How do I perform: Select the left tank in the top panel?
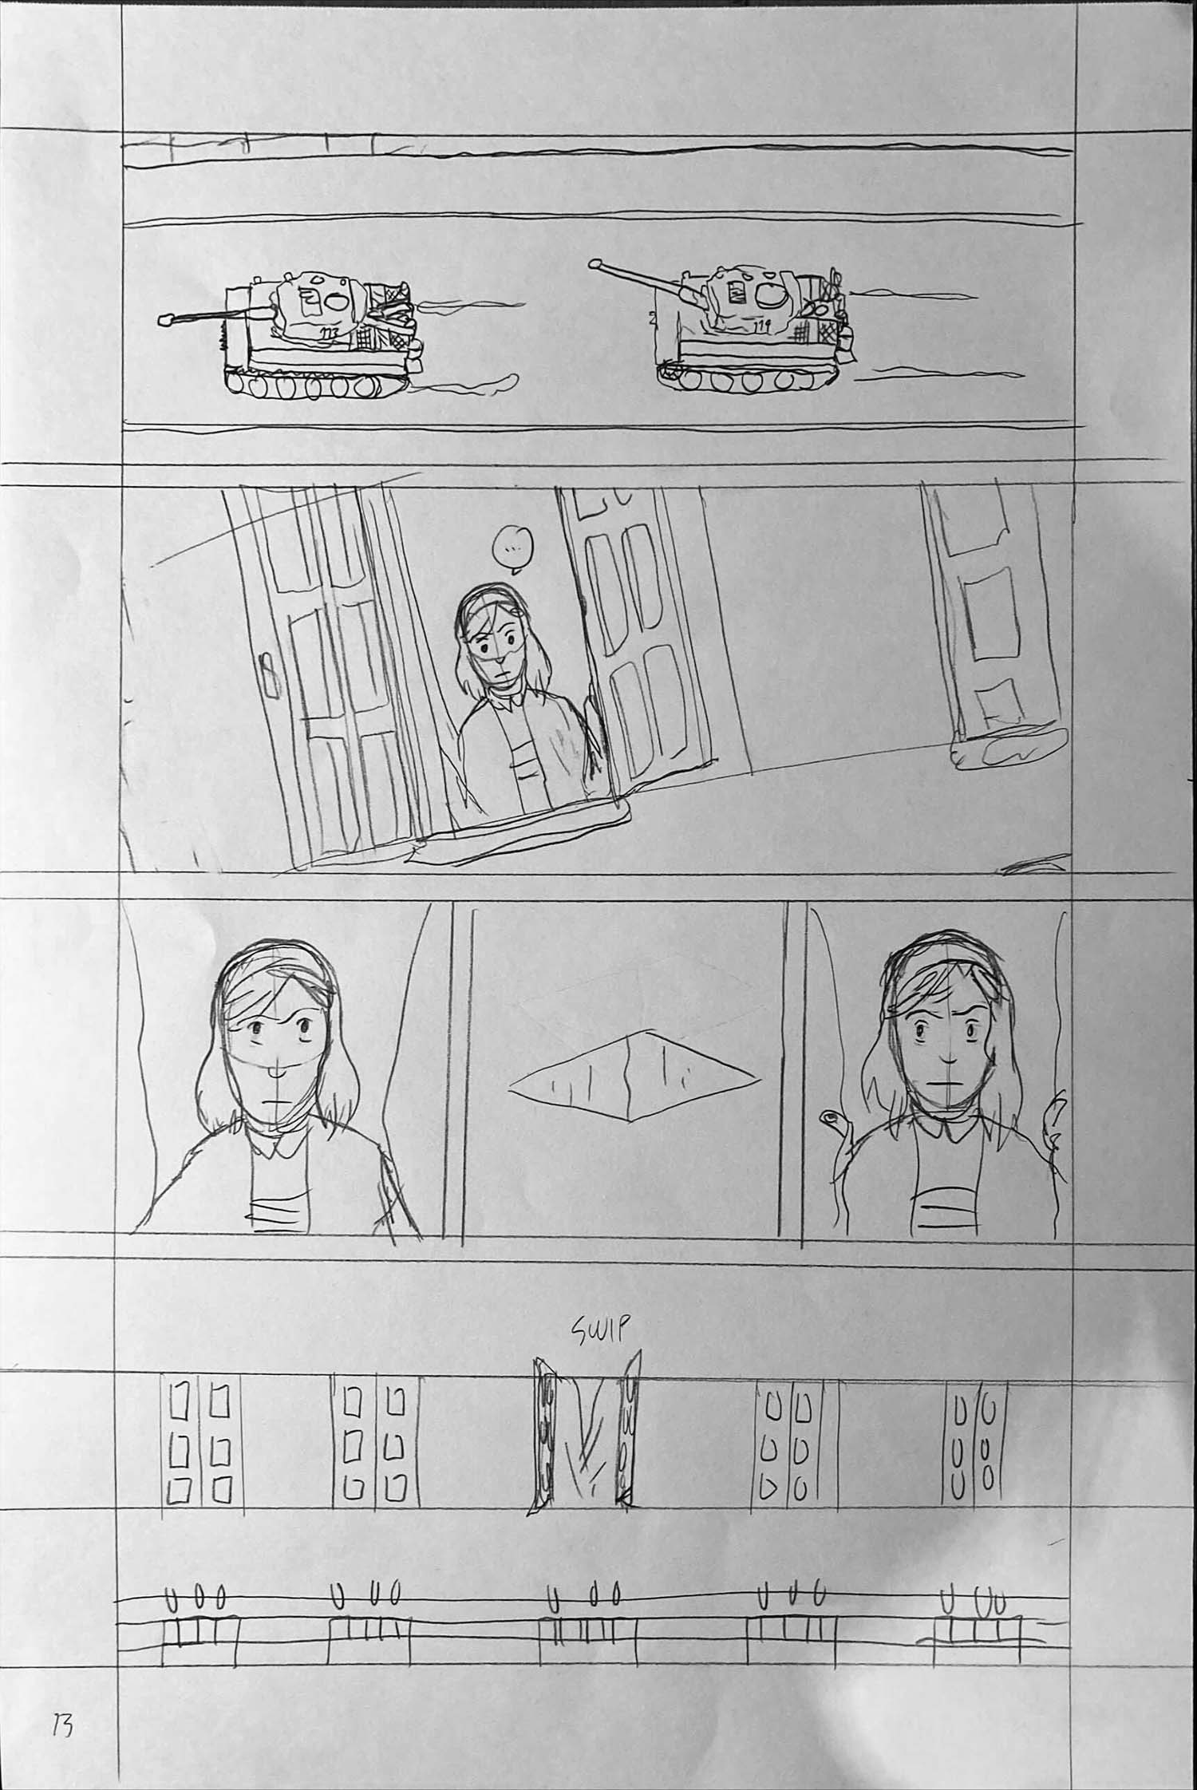319,335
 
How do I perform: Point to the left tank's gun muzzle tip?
165,320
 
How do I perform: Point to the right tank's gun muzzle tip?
594,263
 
